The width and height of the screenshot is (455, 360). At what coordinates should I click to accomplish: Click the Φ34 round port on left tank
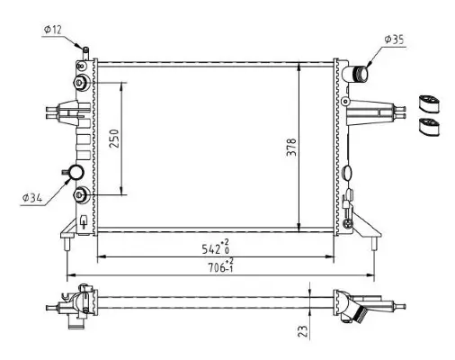coord(76,174)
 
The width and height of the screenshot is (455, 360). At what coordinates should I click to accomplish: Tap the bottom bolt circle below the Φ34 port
coord(83,195)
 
